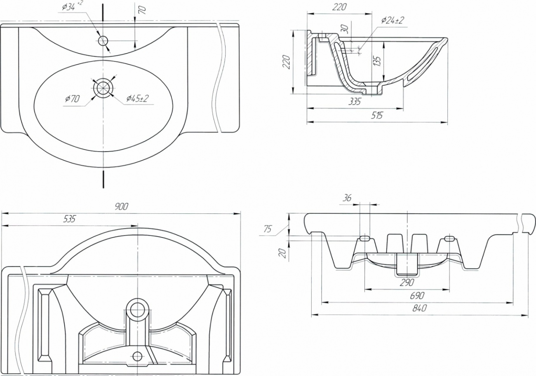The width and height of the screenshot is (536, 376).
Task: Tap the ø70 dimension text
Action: pos(72,98)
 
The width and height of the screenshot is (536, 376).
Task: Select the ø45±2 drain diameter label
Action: pos(138,98)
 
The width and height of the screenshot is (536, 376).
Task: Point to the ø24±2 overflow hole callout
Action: pos(393,20)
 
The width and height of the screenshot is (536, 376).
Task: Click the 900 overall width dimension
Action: pos(121,206)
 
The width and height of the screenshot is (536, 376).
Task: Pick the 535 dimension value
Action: pos(69,219)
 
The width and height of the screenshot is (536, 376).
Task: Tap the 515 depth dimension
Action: pos(377,115)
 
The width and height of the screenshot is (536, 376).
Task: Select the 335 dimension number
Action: pos(355,102)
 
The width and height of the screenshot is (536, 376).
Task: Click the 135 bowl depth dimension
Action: pos(376,61)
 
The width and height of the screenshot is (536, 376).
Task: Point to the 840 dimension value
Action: pos(419,308)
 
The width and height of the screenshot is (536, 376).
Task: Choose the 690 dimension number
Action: pos(417,296)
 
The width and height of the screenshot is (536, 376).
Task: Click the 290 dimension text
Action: pos(407,283)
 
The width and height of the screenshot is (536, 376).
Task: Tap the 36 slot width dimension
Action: pos(347,198)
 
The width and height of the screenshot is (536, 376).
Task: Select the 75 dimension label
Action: pos(268,229)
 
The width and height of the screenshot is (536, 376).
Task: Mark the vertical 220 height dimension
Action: pos(287,62)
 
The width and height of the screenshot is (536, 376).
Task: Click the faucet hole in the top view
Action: pos(103,41)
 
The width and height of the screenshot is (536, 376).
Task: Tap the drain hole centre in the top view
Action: pos(103,88)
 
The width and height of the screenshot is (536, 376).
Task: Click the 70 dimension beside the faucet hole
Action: pos(142,10)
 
